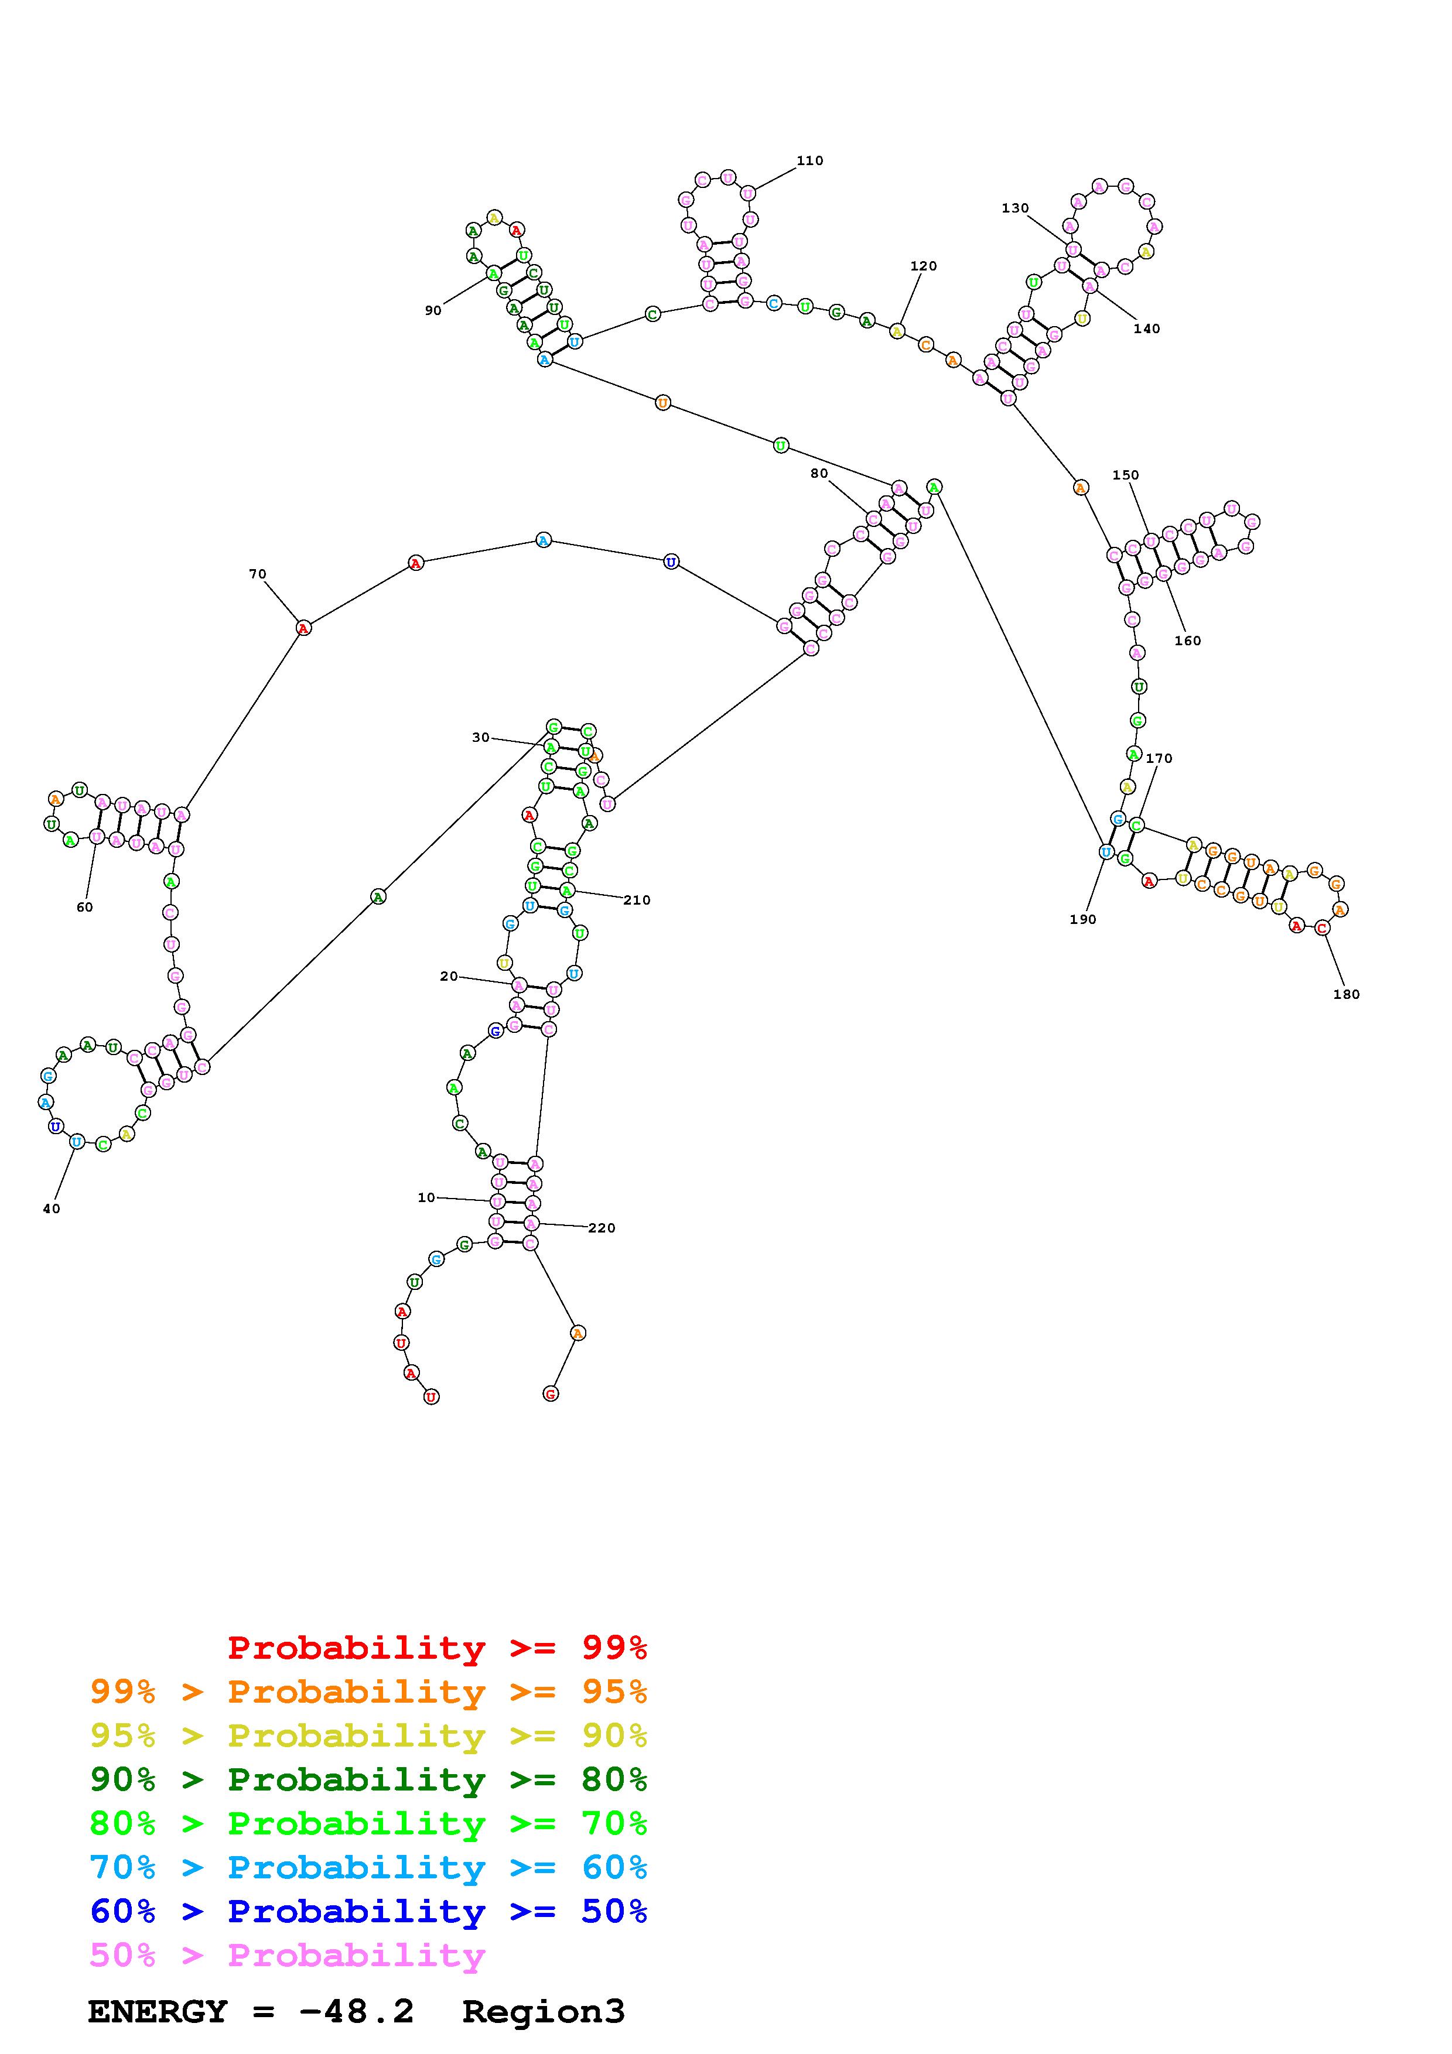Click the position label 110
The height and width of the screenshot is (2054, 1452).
pos(809,161)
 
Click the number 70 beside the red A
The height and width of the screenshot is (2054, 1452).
pos(258,574)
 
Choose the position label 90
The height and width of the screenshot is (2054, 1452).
pos(433,310)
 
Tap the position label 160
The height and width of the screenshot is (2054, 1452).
pos(1187,641)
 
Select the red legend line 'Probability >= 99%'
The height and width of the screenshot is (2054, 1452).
pos(436,1648)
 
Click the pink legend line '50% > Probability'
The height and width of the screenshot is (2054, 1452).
pos(287,1956)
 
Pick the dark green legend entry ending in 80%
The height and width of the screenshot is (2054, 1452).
pos(368,1779)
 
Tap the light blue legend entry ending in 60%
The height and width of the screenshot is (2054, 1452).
pos(368,1868)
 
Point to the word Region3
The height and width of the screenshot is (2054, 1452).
pos(543,2012)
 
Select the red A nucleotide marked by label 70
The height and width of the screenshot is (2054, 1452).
pos(303,628)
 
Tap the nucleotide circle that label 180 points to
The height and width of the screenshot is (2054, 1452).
pos(1323,927)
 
